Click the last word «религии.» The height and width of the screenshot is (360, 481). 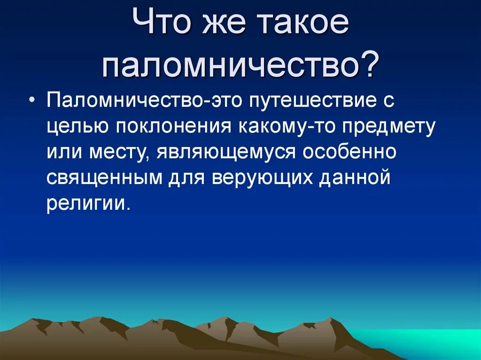[x=87, y=205]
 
